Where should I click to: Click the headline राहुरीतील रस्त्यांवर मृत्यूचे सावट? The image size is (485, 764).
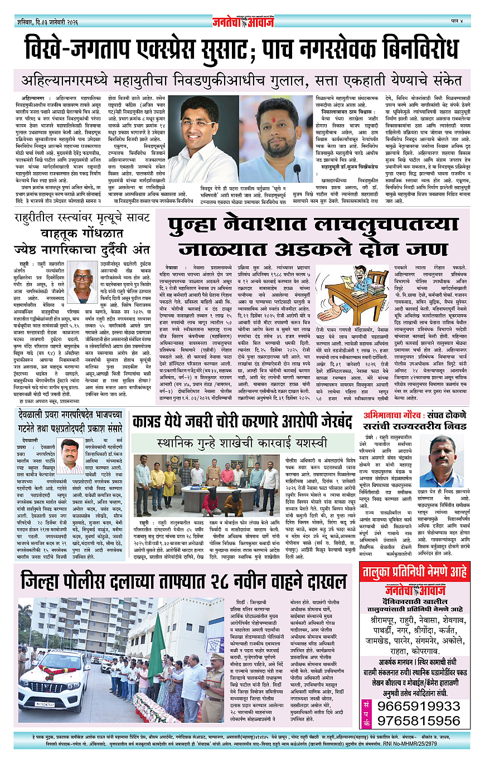(82, 235)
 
